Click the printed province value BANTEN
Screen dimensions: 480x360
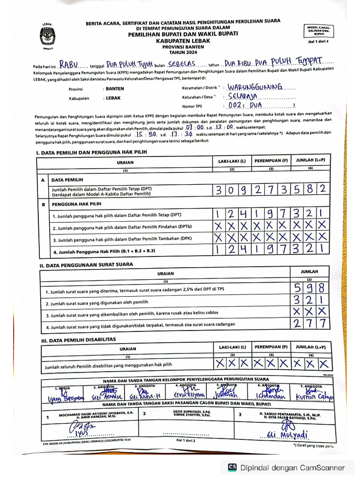coord(115,89)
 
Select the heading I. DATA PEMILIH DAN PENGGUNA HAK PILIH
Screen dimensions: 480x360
coord(91,153)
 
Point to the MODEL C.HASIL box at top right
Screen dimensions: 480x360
coord(319,31)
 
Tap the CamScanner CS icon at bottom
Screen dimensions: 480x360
coord(232,467)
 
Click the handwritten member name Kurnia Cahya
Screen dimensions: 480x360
coord(314,398)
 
